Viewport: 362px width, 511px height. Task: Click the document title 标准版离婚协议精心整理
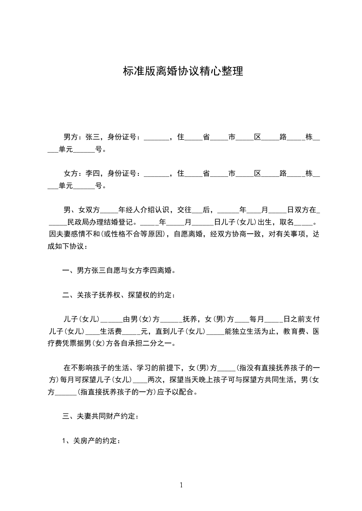[183, 72]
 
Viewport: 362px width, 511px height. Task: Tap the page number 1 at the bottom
[181, 485]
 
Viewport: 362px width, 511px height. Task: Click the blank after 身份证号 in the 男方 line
[156, 138]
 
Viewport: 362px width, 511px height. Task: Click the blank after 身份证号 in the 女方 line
[156, 174]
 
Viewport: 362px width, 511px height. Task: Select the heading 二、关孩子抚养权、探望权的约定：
[118, 295]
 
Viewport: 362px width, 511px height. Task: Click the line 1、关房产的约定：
[91, 441]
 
